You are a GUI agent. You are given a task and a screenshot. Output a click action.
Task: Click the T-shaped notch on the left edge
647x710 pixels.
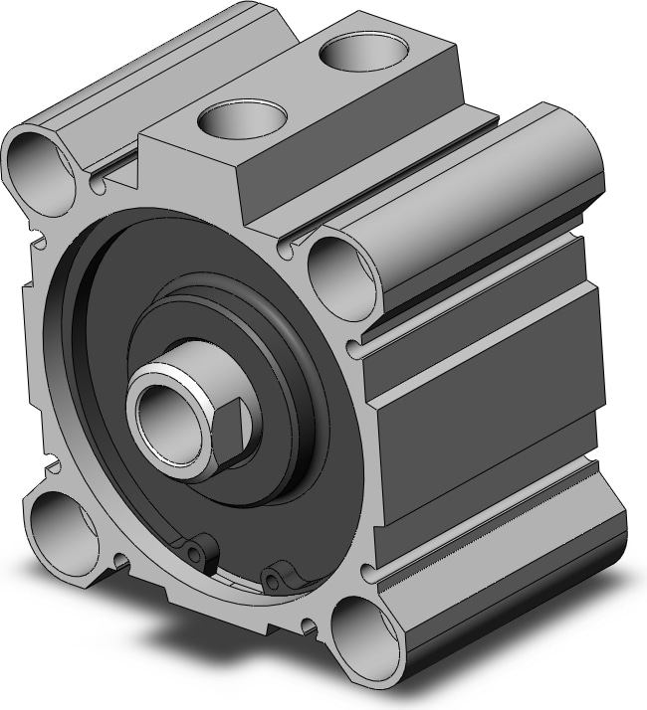[37, 240]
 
